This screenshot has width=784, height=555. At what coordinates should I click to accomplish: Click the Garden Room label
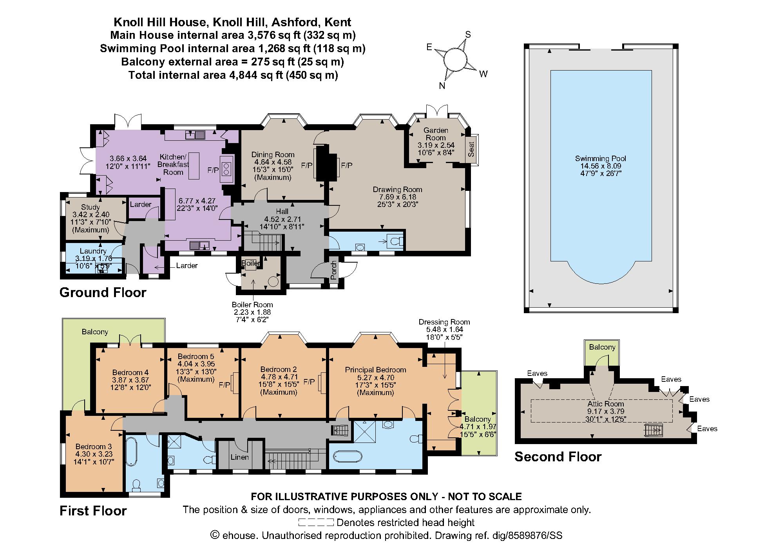(x=436, y=134)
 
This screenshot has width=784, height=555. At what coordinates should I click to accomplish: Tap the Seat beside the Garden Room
(x=472, y=149)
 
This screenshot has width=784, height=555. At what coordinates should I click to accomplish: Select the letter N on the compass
(x=442, y=86)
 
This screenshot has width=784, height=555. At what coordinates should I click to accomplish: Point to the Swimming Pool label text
(x=601, y=158)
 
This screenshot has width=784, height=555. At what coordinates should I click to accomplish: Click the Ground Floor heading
(x=103, y=292)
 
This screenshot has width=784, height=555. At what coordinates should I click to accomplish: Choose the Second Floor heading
(x=558, y=456)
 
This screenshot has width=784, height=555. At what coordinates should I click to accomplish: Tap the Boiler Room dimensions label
(x=252, y=312)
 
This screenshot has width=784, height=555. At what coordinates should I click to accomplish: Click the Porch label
(x=333, y=271)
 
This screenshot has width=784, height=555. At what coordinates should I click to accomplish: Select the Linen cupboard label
(x=239, y=457)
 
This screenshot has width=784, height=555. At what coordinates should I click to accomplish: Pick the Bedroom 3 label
(x=94, y=446)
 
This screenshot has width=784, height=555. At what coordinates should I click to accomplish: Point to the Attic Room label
(x=605, y=404)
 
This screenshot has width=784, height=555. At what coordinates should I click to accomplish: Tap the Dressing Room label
(x=444, y=322)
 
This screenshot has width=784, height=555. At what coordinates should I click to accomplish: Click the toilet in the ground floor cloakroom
(x=395, y=241)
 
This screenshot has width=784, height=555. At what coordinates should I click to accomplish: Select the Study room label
(x=91, y=207)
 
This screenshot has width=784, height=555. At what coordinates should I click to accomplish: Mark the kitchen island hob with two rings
(x=227, y=170)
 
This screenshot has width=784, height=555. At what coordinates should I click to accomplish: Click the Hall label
(x=282, y=212)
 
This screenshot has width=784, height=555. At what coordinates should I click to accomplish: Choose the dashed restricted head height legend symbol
(x=316, y=522)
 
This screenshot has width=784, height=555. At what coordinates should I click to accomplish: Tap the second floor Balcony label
(x=602, y=347)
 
